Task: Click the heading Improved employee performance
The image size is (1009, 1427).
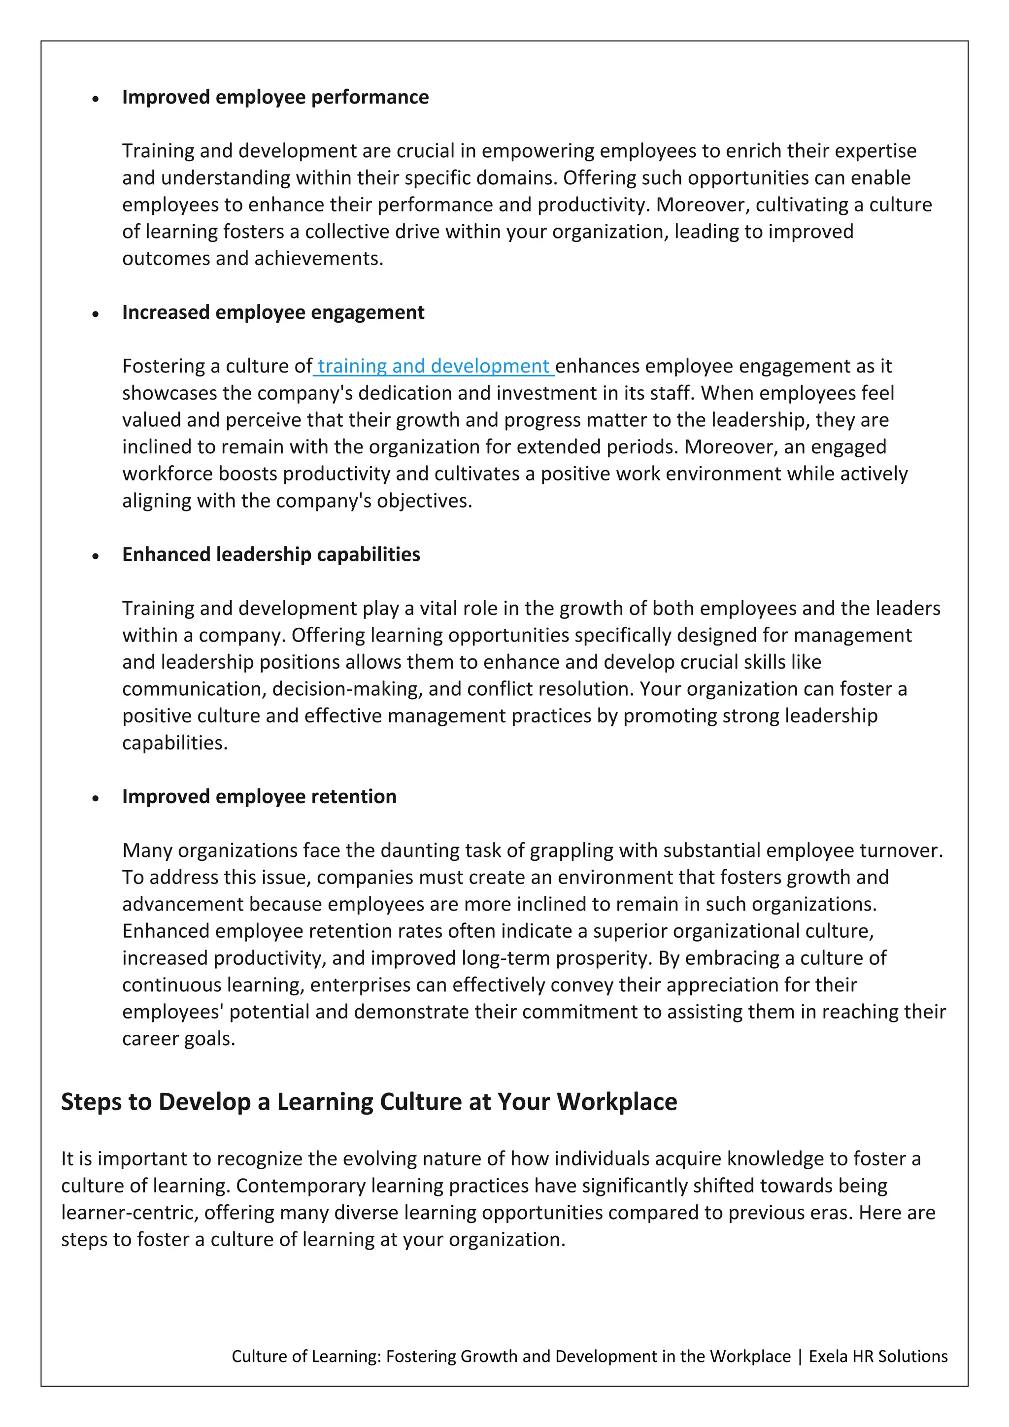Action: pyautogui.click(x=275, y=97)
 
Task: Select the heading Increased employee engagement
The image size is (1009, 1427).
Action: pyautogui.click(x=273, y=312)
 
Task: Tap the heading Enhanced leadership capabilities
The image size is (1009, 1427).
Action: pyautogui.click(x=271, y=554)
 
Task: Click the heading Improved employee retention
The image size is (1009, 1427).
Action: pyautogui.click(x=259, y=796)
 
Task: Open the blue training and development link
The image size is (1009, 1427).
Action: pyautogui.click(x=433, y=366)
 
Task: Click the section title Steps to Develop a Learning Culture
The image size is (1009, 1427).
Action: pyautogui.click(x=369, y=1102)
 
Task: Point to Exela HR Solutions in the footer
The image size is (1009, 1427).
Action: pyautogui.click(x=878, y=1356)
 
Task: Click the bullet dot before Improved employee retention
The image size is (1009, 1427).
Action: pyautogui.click(x=96, y=799)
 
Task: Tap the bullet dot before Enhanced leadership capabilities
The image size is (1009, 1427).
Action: pyautogui.click(x=96, y=556)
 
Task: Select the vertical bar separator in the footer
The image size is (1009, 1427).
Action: pyautogui.click(x=800, y=1356)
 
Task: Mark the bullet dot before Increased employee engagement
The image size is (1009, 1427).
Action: pyautogui.click(x=96, y=314)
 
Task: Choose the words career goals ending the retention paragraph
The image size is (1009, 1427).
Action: pyautogui.click(x=178, y=1039)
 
